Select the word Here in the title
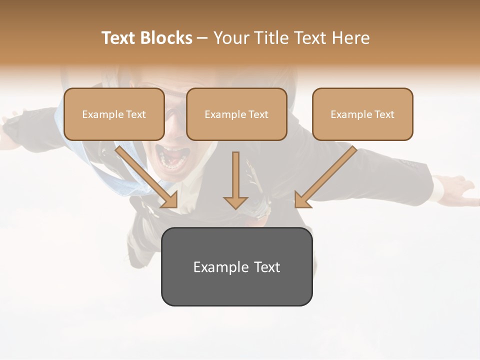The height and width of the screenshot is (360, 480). tap(351, 38)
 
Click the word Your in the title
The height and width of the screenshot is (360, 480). tap(230, 38)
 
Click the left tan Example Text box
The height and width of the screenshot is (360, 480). tap(114, 114)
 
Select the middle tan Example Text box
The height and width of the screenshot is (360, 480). tap(236, 114)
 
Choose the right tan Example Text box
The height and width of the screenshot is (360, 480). tap(362, 114)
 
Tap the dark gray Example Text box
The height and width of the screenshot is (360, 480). tap(236, 267)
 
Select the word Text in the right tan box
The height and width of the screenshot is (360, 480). tap(384, 114)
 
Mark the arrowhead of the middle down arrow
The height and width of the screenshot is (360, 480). tap(235, 202)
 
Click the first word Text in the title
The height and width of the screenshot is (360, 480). tap(119, 38)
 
